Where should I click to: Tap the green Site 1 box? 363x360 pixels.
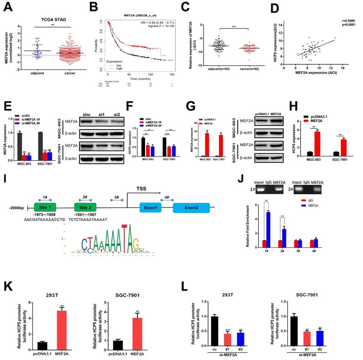pos(45,206)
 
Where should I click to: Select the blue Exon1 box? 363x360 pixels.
pos(155,207)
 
